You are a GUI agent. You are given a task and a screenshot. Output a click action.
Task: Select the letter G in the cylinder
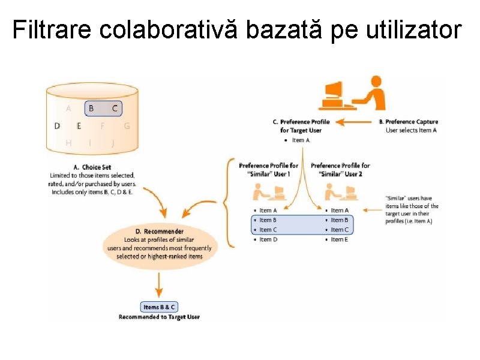[127, 126]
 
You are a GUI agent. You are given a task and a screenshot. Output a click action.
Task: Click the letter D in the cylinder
[57, 126]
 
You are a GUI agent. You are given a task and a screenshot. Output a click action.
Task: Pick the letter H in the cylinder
[68, 143]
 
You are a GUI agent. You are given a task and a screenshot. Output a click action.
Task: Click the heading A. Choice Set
[92, 167]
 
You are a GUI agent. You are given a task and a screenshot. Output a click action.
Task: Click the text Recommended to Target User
[159, 317]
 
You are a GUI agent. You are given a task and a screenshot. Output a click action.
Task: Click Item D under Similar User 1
[268, 239]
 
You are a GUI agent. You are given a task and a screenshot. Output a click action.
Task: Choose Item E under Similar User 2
[340, 239]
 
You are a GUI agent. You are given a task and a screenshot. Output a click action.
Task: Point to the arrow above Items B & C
[159, 284]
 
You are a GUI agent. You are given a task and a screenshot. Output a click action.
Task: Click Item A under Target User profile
[301, 140]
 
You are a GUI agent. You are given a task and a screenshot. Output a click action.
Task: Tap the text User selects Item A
[411, 130]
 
